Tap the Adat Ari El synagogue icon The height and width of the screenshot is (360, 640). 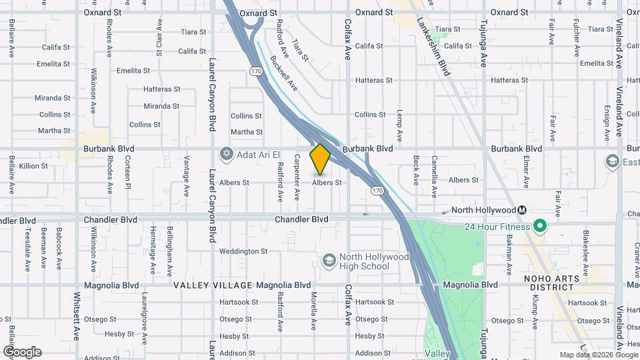(x=227, y=155)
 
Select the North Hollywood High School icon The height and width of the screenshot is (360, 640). (x=329, y=260)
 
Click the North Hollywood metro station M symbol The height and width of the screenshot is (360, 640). (x=522, y=210)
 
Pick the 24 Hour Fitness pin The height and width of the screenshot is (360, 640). (x=540, y=227)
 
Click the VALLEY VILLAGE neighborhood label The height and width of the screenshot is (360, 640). (x=213, y=285)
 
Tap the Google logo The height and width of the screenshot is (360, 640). (x=22, y=352)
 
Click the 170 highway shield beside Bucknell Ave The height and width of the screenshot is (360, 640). (x=256, y=71)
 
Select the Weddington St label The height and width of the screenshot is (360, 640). (x=243, y=251)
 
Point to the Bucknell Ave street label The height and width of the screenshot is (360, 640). (x=284, y=73)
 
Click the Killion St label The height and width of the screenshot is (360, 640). (x=33, y=166)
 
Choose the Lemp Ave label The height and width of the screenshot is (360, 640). (x=399, y=125)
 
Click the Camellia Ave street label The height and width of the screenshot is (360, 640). (x=433, y=177)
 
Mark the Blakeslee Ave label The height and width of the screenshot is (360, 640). (x=585, y=252)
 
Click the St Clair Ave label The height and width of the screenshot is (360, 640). (x=159, y=38)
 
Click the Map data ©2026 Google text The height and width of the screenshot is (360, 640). (x=598, y=355)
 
